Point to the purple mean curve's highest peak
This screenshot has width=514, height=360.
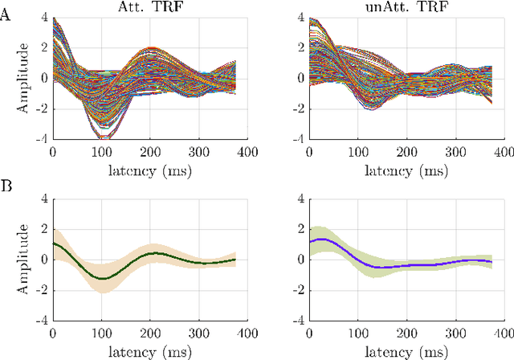(x=320, y=239)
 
